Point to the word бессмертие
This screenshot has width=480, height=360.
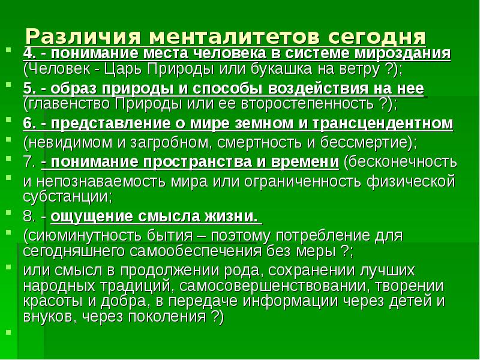click(358, 143)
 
